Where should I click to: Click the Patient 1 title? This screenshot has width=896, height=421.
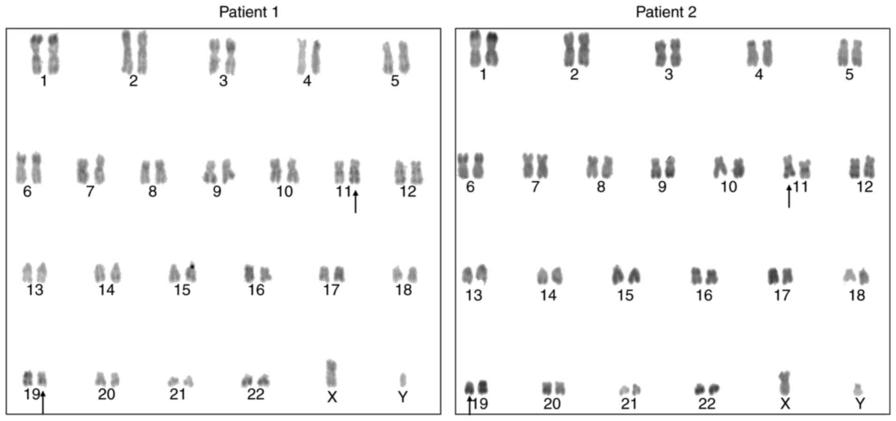(x=249, y=12)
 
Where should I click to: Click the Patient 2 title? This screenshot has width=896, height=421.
(x=666, y=12)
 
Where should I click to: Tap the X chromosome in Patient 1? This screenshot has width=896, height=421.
(x=331, y=373)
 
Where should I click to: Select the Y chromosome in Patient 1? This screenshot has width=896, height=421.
(x=403, y=379)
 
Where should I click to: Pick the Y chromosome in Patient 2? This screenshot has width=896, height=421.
(x=858, y=389)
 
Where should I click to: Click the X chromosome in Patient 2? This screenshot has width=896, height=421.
(x=785, y=383)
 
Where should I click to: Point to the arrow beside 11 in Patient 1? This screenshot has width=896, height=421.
(x=355, y=202)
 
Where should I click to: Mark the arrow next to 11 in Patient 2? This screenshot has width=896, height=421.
(x=789, y=196)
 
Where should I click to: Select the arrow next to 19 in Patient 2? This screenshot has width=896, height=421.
(x=470, y=405)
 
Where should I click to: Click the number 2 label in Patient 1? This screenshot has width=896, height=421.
(x=133, y=81)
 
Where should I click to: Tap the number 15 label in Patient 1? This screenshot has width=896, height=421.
(x=182, y=290)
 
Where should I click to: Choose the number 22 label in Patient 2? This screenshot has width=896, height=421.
(x=707, y=403)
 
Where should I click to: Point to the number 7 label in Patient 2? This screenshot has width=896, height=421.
(x=535, y=187)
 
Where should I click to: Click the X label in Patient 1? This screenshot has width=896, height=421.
(x=332, y=397)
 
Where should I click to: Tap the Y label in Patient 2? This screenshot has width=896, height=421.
(x=860, y=403)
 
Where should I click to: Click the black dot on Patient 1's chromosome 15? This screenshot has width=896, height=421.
(x=192, y=267)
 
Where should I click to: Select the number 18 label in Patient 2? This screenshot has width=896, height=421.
(x=857, y=295)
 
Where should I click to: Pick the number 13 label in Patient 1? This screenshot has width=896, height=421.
(x=35, y=290)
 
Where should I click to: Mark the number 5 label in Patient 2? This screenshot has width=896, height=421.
(x=850, y=74)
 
